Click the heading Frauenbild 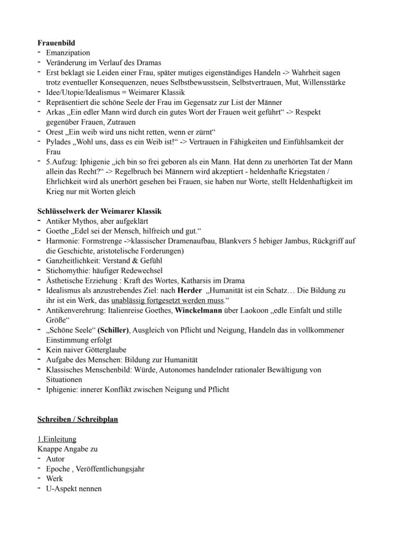pyautogui.click(x=56, y=43)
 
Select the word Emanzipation pyautogui.click(x=68, y=53)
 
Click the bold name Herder pyautogui.click(x=189, y=290)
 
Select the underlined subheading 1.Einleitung pyautogui.click(x=56, y=439)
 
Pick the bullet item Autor pyautogui.click(x=55, y=459)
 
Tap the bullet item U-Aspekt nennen pyautogui.click(x=74, y=489)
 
